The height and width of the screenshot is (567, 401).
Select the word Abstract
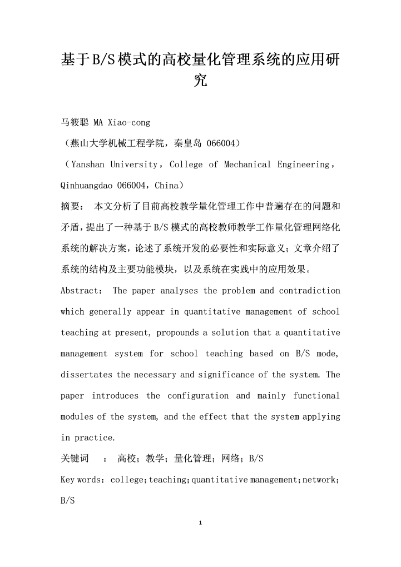click(x=78, y=291)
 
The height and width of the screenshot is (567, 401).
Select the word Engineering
click(x=304, y=165)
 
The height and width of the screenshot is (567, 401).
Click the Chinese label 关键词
click(x=75, y=459)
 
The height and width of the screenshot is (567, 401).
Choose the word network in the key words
click(x=318, y=480)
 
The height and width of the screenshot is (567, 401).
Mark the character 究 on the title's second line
click(x=200, y=81)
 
